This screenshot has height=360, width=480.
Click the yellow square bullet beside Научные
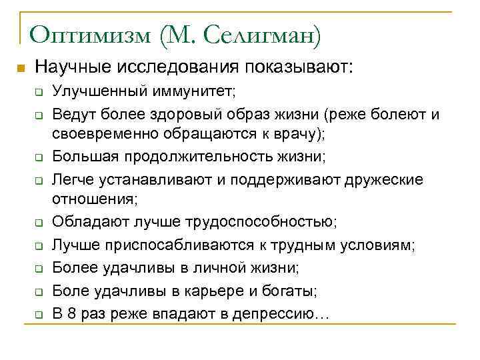coord(20,68)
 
